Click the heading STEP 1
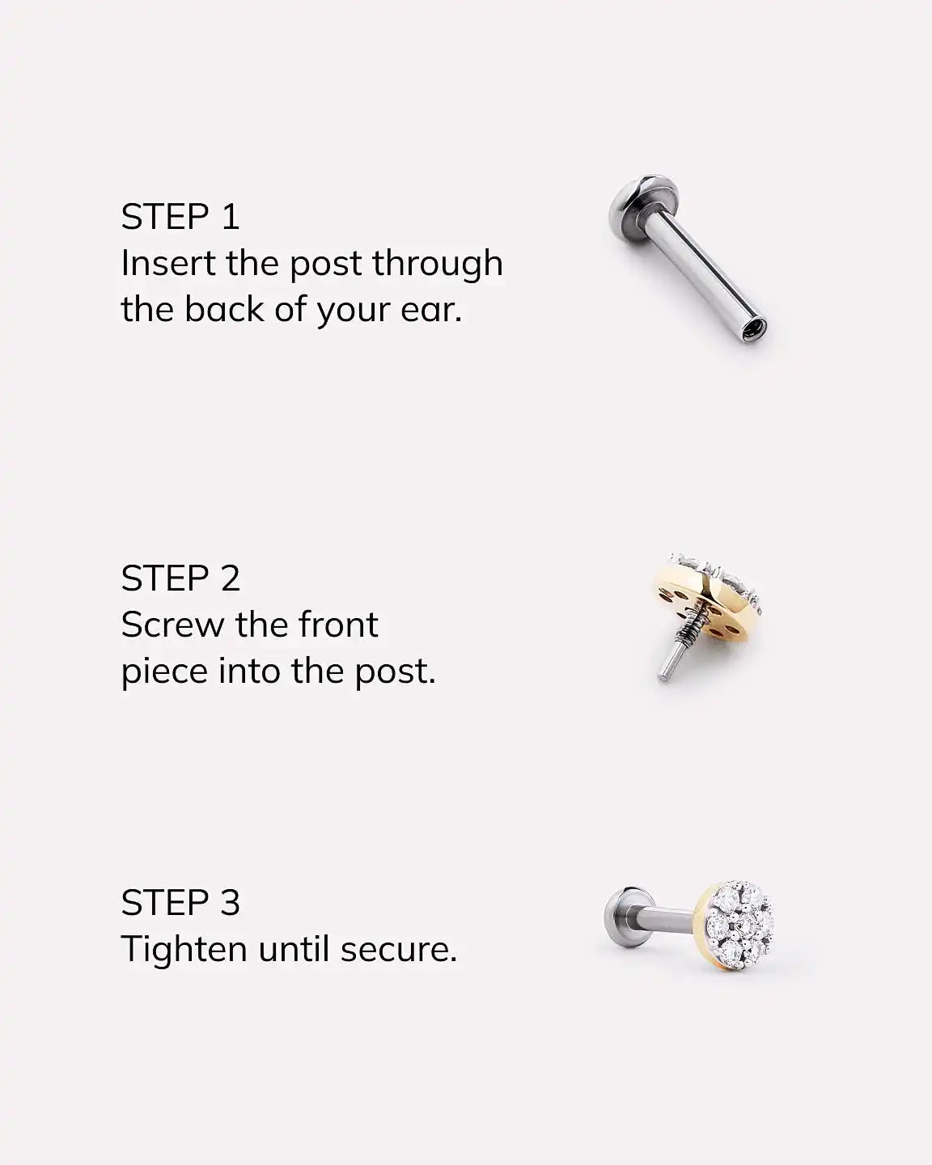point(180,217)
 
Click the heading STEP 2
point(180,578)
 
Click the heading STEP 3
point(180,902)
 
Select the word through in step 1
point(438,265)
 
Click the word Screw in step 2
point(172,625)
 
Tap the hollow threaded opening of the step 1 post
point(753,329)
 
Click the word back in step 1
point(224,309)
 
